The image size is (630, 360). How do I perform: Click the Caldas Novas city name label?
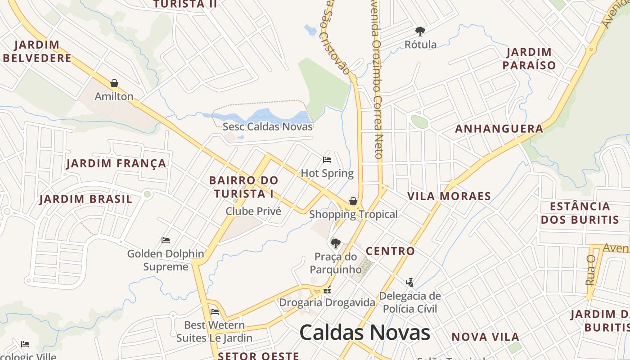[x=364, y=333]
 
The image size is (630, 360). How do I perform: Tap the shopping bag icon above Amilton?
[x=114, y=83]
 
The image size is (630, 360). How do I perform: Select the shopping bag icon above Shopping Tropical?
[x=353, y=201]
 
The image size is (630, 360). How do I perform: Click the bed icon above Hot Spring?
[x=327, y=160]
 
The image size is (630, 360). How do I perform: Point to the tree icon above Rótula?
[x=420, y=31]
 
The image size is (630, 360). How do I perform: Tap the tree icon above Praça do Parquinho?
[x=335, y=243]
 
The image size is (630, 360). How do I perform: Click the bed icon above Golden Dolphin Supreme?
[x=166, y=240]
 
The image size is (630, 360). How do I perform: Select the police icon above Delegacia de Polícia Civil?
[x=409, y=283]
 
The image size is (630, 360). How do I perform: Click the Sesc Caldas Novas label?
[x=268, y=126]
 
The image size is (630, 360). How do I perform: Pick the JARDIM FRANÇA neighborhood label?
[x=117, y=163]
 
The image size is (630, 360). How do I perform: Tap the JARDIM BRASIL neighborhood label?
[x=86, y=199]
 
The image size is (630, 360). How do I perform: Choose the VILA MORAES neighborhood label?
[x=449, y=196]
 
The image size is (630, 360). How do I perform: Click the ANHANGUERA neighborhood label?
[x=499, y=129]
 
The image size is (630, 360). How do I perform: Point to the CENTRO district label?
[x=390, y=251]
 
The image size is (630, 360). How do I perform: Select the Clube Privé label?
[x=253, y=211]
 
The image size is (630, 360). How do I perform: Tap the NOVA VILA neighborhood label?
[x=486, y=337]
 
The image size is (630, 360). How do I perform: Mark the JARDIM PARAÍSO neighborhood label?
[x=529, y=58]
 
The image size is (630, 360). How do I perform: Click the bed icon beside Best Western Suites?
[x=215, y=311]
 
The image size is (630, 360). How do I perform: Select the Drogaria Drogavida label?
[x=327, y=302]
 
